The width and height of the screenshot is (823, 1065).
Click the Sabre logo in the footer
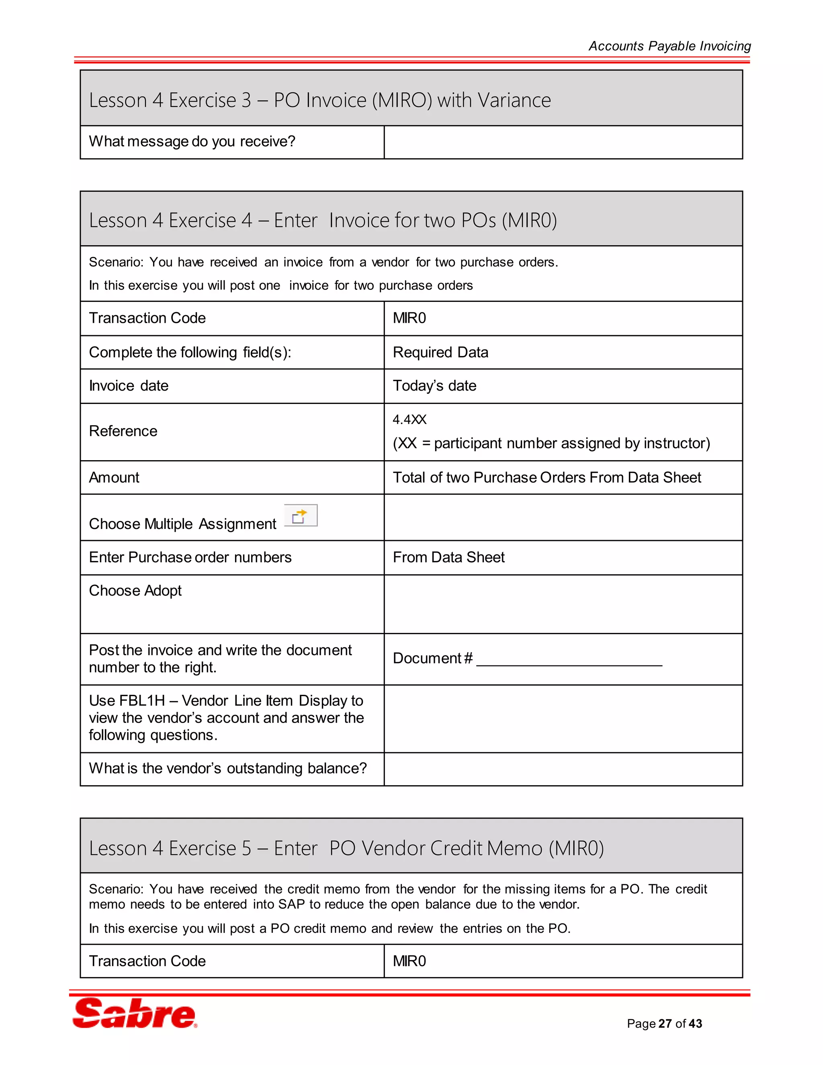tap(135, 1013)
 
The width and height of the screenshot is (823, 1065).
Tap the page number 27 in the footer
tap(665, 1024)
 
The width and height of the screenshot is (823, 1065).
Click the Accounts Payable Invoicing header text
tap(669, 46)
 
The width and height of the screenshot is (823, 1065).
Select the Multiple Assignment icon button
tap(300, 516)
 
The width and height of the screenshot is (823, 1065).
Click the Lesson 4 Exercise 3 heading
tap(320, 100)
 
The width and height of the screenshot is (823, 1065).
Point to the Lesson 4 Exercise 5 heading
tap(346, 848)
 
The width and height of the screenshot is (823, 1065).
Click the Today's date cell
tap(434, 386)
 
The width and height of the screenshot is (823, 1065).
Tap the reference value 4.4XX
tap(409, 419)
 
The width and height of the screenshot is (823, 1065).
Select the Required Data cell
tap(440, 352)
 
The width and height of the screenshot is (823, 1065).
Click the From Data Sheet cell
tap(448, 557)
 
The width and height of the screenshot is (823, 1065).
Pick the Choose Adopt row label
tap(135, 590)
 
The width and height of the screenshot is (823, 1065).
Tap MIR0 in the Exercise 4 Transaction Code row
tap(409, 318)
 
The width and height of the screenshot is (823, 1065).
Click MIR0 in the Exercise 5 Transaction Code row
tap(409, 961)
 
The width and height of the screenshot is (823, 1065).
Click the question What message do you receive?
tap(192, 141)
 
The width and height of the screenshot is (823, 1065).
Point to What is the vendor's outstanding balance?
tap(228, 768)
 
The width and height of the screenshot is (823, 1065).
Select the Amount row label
tap(114, 477)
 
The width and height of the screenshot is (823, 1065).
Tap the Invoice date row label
tap(129, 386)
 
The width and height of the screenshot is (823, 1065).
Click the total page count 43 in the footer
tap(695, 1024)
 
